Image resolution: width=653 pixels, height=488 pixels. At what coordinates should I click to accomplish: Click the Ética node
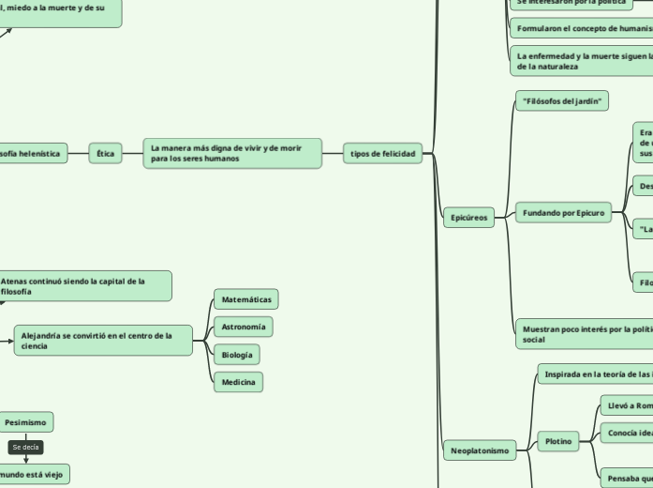tap(106, 153)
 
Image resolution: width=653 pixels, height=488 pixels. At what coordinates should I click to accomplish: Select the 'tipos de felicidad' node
tap(382, 153)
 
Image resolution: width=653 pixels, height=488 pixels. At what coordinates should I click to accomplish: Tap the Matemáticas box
tap(246, 299)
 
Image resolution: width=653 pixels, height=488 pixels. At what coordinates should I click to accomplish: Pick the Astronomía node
tap(244, 327)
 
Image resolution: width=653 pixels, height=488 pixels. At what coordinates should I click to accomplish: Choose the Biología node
tap(237, 355)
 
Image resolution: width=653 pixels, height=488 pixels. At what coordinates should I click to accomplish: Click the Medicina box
tap(238, 382)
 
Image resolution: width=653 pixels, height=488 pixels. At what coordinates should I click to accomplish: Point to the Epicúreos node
tap(468, 218)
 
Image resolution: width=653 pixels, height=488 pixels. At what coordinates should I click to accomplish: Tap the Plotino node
tap(558, 441)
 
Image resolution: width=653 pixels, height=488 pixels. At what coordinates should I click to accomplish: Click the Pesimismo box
tap(25, 422)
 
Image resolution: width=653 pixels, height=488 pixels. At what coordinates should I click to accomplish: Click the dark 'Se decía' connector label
tap(25, 448)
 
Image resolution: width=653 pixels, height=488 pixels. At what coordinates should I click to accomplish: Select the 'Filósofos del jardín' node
tap(562, 100)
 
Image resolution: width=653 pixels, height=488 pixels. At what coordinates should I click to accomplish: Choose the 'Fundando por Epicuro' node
tap(563, 213)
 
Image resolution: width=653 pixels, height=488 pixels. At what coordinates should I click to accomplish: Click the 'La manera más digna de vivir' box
tap(232, 153)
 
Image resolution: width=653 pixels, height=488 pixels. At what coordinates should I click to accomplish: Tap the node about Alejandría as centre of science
tap(103, 341)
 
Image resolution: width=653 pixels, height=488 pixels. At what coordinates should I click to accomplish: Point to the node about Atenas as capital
tap(84, 286)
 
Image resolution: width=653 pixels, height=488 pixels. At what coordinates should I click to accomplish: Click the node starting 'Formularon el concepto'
tap(581, 29)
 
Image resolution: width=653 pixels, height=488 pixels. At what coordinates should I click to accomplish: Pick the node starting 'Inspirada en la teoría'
tap(595, 374)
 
